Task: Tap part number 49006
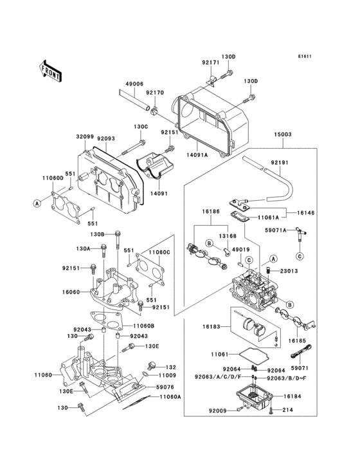tap(134, 84)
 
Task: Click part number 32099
tap(85, 136)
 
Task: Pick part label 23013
tap(289, 271)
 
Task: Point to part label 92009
tap(217, 410)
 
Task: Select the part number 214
tap(287, 410)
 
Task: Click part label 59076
tap(165, 387)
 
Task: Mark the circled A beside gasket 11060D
tap(38, 203)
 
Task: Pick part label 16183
tap(212, 327)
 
